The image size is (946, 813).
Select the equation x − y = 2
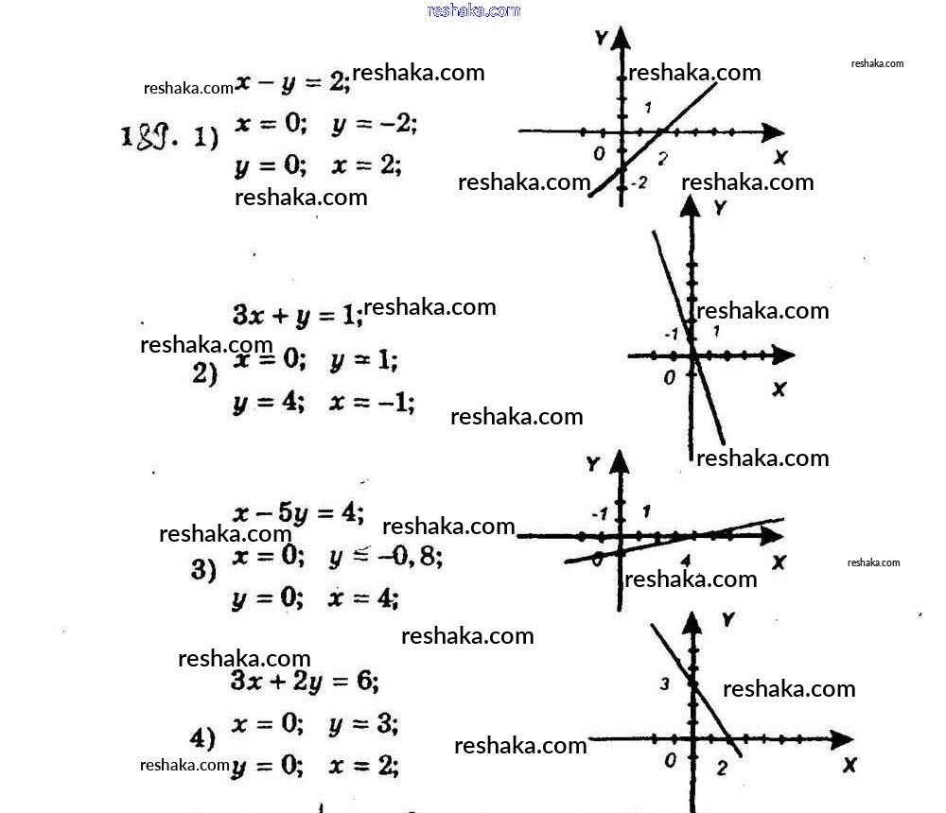292,82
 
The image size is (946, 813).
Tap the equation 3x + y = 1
296,316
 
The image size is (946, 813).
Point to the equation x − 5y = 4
299,513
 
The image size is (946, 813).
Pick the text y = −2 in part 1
375,124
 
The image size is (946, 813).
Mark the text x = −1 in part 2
372,403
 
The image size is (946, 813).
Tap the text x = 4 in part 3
363,597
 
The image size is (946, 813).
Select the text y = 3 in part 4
363,725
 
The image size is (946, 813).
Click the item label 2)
205,373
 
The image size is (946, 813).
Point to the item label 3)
204,570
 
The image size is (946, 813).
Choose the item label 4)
203,738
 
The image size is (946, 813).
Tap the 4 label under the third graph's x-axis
685,562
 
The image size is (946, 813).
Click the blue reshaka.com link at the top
473,10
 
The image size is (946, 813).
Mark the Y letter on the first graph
601,38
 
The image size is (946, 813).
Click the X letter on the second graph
779,389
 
